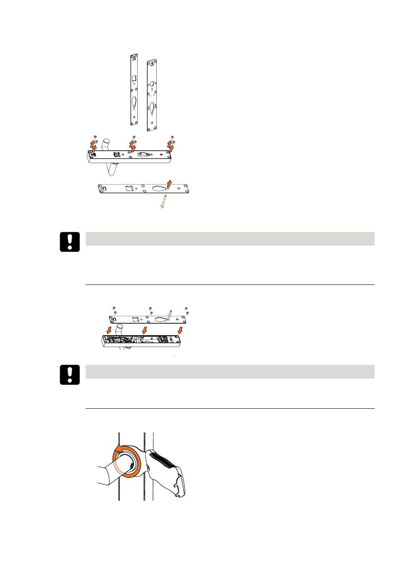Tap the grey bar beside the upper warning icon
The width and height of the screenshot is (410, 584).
coord(230,238)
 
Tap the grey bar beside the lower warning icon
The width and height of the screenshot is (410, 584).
coord(230,371)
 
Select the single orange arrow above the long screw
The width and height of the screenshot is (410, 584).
coord(170,183)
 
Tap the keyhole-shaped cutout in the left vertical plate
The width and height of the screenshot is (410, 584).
coord(134,104)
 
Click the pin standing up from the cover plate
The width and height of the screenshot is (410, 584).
coord(169,316)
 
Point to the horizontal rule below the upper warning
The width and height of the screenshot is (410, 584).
coord(230,284)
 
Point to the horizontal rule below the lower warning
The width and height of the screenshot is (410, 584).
coord(230,408)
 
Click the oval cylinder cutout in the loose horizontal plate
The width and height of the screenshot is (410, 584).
coord(159,188)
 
